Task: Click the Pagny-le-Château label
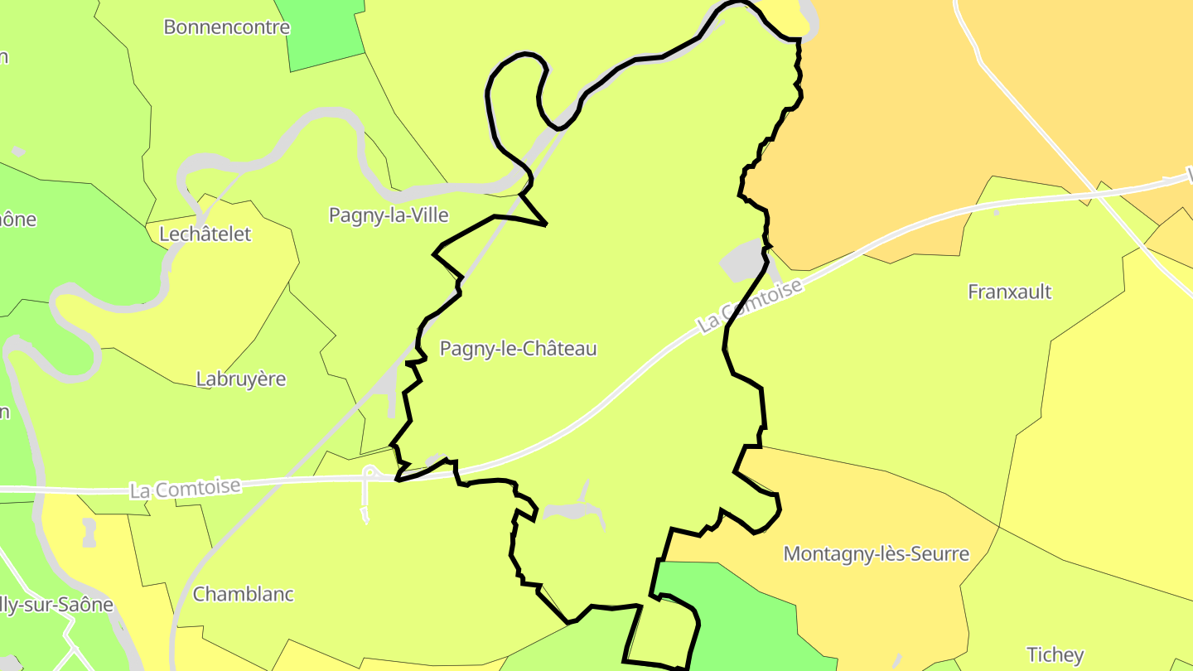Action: pyautogui.click(x=518, y=349)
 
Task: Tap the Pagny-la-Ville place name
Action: pyautogui.click(x=389, y=215)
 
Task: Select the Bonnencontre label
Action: pyautogui.click(x=226, y=27)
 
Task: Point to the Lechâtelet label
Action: pyautogui.click(x=205, y=234)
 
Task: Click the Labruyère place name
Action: pyautogui.click(x=240, y=379)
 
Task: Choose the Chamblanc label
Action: pyautogui.click(x=243, y=594)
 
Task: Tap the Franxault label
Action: pyautogui.click(x=1009, y=292)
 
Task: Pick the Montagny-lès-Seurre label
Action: pyautogui.click(x=876, y=553)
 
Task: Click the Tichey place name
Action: pyautogui.click(x=1055, y=654)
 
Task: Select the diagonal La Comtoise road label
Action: pyautogui.click(x=751, y=306)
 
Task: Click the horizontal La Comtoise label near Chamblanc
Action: pyautogui.click(x=185, y=489)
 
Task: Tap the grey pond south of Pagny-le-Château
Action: pyautogui.click(x=572, y=511)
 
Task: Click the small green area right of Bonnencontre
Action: pyautogui.click(x=325, y=33)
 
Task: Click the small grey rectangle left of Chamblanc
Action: pyautogui.click(x=89, y=532)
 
